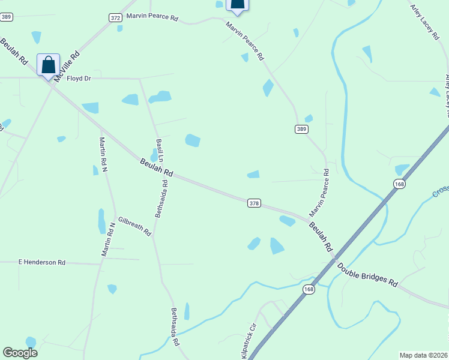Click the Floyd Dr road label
(x=79, y=78)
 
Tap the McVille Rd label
(x=67, y=67)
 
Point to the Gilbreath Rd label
(x=134, y=226)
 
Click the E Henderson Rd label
(x=41, y=262)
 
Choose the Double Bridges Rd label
(x=367, y=274)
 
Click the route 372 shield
(x=116, y=18)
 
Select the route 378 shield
(x=254, y=203)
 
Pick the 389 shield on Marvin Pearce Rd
(x=301, y=129)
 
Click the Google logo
(x=20, y=353)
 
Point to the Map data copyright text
(x=423, y=355)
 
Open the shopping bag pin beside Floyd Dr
(x=48, y=64)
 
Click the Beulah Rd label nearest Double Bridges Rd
(x=321, y=237)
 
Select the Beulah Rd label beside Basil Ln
(x=157, y=167)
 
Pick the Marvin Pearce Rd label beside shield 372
(x=152, y=18)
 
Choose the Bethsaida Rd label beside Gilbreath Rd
(x=161, y=197)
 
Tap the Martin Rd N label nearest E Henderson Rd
(x=109, y=239)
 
